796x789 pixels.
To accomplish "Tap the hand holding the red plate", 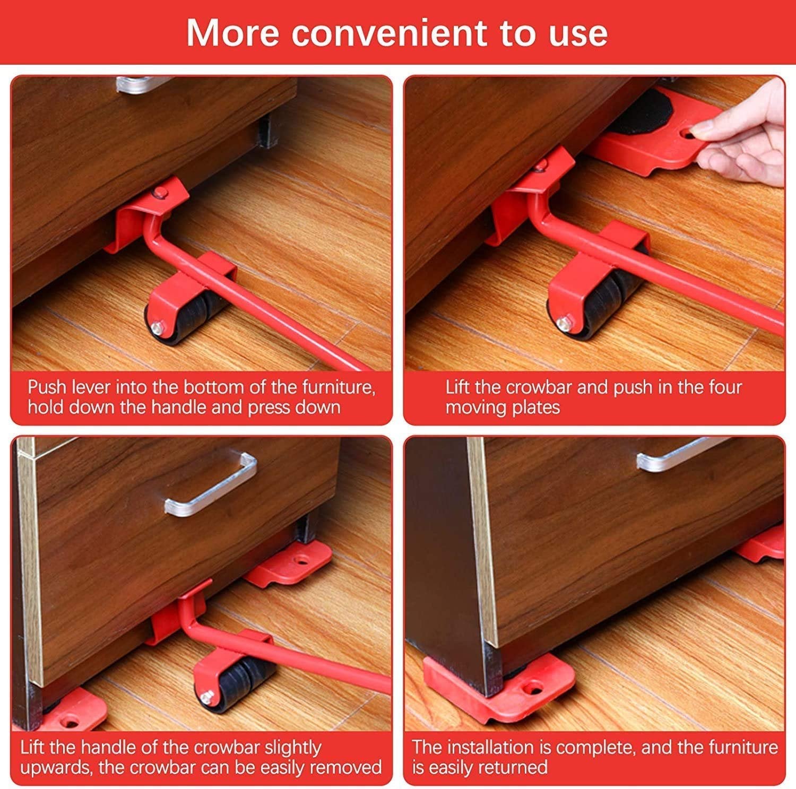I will click(748, 138).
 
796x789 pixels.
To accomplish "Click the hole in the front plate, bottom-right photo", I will click(531, 688).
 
